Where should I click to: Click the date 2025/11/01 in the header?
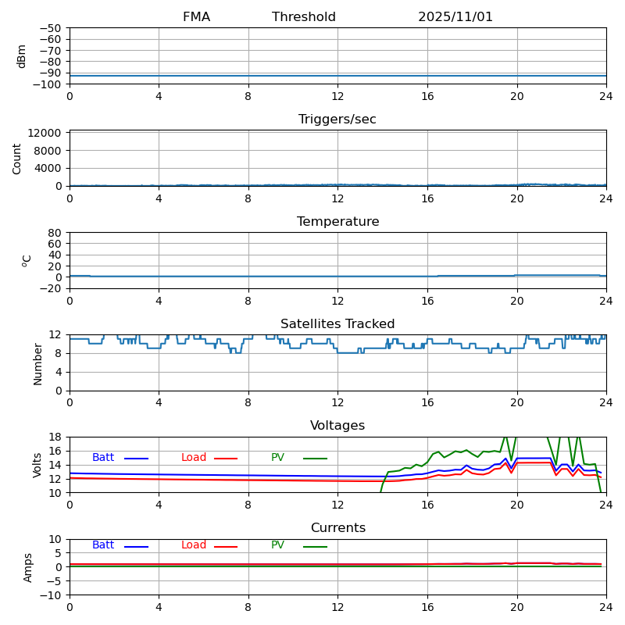click(455, 17)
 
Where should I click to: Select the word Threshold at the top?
click(304, 17)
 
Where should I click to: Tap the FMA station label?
click(196, 17)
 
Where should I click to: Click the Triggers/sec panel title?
click(337, 120)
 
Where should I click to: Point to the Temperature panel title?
click(337, 222)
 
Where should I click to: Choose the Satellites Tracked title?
click(337, 324)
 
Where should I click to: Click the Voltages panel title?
click(337, 426)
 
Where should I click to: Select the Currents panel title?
click(337, 528)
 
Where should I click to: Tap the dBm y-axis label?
click(22, 56)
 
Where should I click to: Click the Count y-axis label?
click(17, 159)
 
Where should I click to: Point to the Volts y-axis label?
click(37, 465)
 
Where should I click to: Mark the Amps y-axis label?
click(28, 567)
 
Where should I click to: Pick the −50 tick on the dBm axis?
click(50, 28)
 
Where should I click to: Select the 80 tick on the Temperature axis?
click(55, 233)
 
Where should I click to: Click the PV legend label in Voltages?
click(278, 458)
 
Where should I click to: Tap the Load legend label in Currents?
click(194, 545)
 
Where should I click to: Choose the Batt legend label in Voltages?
click(103, 458)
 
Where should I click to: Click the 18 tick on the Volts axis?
click(55, 437)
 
